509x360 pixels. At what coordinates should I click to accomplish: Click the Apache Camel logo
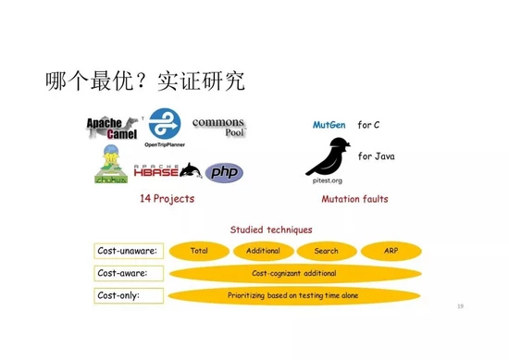pyautogui.click(x=113, y=128)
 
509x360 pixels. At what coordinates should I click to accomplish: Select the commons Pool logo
pyautogui.click(x=218, y=128)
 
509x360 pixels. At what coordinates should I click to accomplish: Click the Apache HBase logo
pyautogui.click(x=160, y=171)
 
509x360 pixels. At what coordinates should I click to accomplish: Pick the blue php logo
pyautogui.click(x=224, y=172)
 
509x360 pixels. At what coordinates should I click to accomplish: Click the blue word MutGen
pyautogui.click(x=329, y=124)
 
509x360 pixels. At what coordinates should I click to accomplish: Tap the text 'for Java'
pyautogui.click(x=377, y=156)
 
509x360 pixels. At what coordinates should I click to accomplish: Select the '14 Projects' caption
pyautogui.click(x=167, y=199)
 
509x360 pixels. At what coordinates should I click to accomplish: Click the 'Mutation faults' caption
pyautogui.click(x=354, y=199)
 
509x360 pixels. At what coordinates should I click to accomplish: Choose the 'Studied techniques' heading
pyautogui.click(x=271, y=230)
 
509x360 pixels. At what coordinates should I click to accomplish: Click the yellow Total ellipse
pyautogui.click(x=198, y=251)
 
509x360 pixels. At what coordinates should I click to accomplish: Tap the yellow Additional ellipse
pyautogui.click(x=263, y=251)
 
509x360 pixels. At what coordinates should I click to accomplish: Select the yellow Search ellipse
pyautogui.click(x=326, y=251)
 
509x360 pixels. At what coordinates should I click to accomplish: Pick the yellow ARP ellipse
pyautogui.click(x=390, y=251)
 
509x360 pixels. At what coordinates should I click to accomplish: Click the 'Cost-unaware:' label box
pyautogui.click(x=128, y=251)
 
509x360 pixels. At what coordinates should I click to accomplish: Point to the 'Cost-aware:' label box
pyautogui.click(x=128, y=273)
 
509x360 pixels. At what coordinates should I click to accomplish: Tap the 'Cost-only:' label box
pyautogui.click(x=128, y=295)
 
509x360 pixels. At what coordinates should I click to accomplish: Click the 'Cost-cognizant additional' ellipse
pyautogui.click(x=293, y=273)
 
